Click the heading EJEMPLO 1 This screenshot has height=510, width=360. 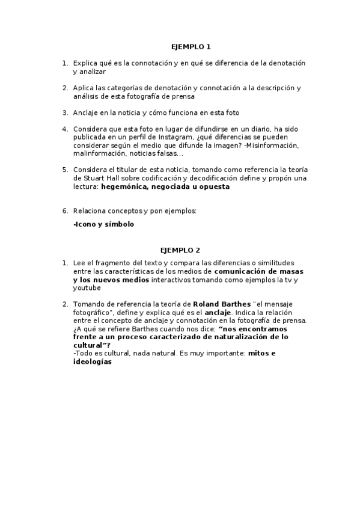(191, 47)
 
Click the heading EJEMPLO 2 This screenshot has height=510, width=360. (180, 250)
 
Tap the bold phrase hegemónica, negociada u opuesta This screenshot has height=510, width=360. (165, 187)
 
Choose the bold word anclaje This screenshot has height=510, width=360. (218, 313)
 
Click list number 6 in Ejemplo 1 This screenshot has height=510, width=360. (65, 212)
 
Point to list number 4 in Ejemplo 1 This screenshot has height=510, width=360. (65, 129)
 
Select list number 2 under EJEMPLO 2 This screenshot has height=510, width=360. (65, 304)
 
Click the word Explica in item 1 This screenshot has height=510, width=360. (85, 63)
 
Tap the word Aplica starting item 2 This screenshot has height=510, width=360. (84, 88)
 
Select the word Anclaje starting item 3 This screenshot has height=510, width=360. (87, 112)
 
